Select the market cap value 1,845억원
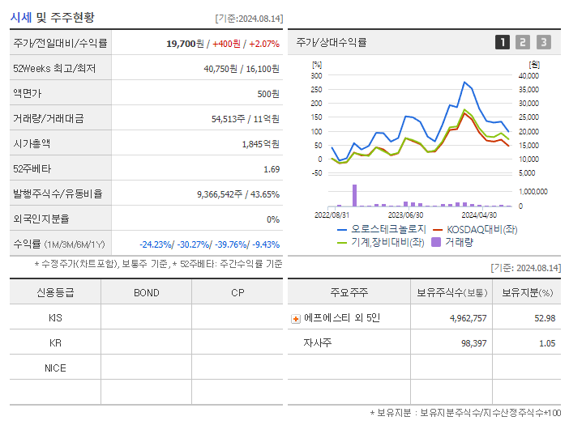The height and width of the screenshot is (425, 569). point(260,143)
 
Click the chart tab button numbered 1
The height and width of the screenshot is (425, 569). point(503,42)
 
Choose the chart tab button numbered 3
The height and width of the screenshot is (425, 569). point(543,42)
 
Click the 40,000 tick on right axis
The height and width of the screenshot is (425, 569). point(528,75)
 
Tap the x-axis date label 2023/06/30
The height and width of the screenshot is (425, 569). point(405,215)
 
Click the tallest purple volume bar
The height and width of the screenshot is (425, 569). point(354,195)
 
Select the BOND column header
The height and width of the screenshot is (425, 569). point(146,292)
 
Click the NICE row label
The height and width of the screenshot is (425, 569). point(55,368)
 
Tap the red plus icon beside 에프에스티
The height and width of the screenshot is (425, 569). point(296,318)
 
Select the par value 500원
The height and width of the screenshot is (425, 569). point(268,93)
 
